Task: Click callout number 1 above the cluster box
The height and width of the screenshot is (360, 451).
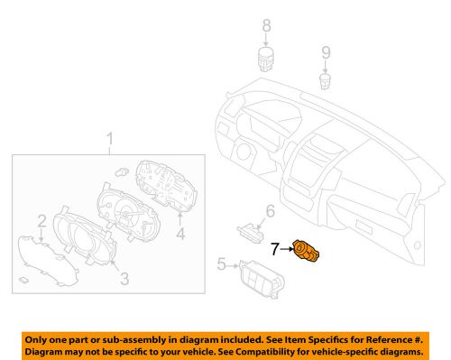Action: click(110, 140)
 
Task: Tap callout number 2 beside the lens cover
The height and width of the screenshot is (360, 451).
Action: click(41, 221)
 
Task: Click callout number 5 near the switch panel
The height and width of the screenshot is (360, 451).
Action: click(221, 264)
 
